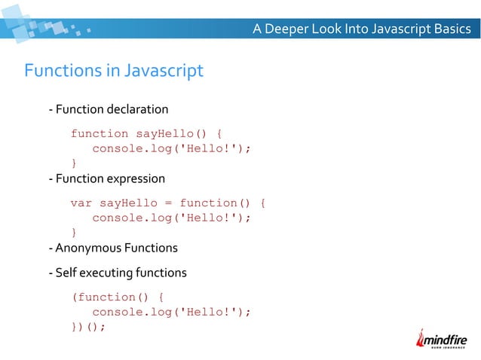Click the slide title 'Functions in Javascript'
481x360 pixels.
114,72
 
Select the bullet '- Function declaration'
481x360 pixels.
108,110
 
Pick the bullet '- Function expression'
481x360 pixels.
106,179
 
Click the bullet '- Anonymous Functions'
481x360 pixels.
112,248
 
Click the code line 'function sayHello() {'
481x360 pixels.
146,133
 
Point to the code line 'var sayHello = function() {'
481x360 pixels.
168,203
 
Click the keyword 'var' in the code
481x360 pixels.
81,203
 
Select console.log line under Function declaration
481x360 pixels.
171,148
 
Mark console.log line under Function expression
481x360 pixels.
171,218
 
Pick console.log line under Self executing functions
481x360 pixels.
171,312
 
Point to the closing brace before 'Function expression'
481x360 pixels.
74,163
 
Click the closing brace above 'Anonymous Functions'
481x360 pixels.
74,232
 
